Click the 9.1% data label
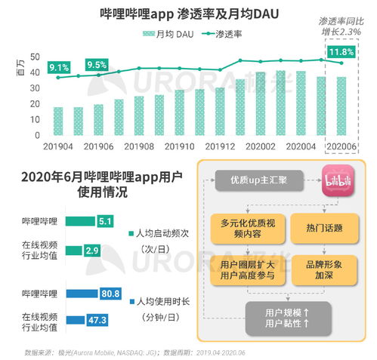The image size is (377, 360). pos(59,68)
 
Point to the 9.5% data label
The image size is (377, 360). pos(97,65)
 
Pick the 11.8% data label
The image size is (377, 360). pos(340,52)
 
